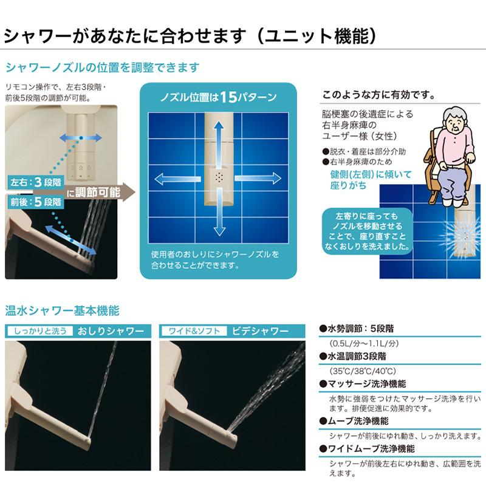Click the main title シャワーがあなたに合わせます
[x=122, y=35]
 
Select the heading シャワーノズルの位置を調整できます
[x=102, y=67]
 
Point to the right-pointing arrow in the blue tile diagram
[x=262, y=178]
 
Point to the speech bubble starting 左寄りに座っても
[x=364, y=231]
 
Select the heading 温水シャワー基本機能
[x=62, y=310]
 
